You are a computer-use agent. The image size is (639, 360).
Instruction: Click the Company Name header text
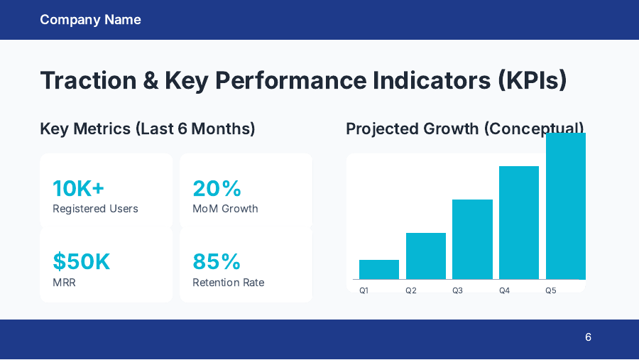click(x=90, y=20)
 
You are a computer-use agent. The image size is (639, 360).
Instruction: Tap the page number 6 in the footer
click(x=588, y=337)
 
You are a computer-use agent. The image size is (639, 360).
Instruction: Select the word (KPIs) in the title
click(x=529, y=80)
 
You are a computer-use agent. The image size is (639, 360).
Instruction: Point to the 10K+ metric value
click(x=78, y=188)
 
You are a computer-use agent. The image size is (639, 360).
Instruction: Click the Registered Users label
click(x=95, y=209)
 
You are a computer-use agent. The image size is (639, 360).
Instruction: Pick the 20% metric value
click(x=217, y=188)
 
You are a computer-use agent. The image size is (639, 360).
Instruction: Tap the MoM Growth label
click(x=225, y=209)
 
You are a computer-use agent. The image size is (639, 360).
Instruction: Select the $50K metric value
click(x=82, y=262)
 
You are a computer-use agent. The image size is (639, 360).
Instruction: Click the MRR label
click(x=64, y=283)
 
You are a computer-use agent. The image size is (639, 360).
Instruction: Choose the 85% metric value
click(x=217, y=262)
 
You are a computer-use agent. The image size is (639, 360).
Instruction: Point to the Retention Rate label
click(x=228, y=283)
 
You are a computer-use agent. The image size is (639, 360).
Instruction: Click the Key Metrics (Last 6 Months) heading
click(x=148, y=129)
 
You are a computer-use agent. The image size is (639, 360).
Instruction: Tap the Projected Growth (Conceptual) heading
click(x=464, y=129)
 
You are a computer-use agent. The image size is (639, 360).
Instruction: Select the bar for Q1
click(x=379, y=270)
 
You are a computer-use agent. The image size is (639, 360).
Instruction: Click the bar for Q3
click(x=472, y=239)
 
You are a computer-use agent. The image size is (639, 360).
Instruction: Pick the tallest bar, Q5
click(x=566, y=206)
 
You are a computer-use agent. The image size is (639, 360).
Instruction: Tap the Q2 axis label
click(x=410, y=290)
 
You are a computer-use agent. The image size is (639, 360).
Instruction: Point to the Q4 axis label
click(x=504, y=290)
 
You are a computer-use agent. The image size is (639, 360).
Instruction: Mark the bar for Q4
click(x=519, y=222)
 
